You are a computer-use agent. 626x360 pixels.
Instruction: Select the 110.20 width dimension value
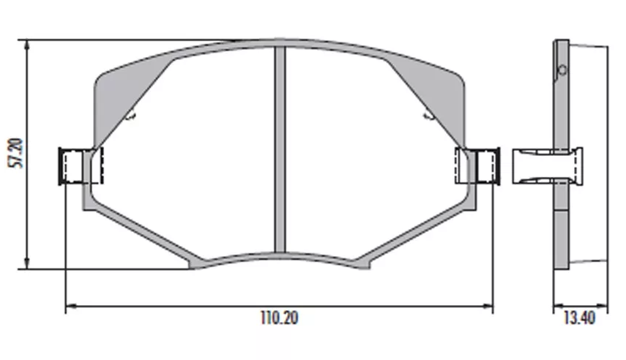tap(279, 319)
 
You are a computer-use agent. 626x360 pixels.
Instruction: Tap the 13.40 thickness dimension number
tap(578, 318)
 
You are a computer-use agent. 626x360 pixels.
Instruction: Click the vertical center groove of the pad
tap(279, 146)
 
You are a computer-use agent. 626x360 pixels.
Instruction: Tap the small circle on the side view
tap(562, 70)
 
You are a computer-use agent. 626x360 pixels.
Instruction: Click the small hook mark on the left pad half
tap(131, 115)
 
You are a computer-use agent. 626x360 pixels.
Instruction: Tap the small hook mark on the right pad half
tap(427, 114)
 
